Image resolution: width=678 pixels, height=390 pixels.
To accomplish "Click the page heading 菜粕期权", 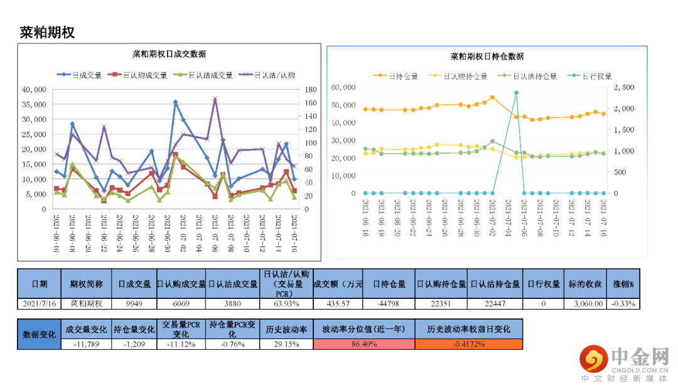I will tap(47, 33).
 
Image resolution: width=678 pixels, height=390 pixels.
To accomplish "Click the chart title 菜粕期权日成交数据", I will tap(169, 53).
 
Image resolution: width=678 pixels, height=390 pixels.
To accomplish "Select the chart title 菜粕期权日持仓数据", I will tap(487, 57).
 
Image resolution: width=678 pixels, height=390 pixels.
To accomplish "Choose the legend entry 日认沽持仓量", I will tap(527, 76).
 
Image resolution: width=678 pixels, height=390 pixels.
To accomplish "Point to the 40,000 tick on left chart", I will tap(34, 89).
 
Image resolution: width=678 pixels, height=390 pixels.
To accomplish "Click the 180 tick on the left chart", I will tap(308, 89).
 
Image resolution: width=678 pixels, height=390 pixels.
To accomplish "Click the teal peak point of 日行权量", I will tap(516, 92).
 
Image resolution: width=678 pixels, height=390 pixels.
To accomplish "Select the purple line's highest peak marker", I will tap(215, 99).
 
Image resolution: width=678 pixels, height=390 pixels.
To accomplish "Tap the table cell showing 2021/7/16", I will tap(38, 304).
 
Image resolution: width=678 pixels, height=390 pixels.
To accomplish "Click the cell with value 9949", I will tap(135, 304).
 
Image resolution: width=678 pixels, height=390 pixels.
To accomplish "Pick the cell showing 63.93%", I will tap(286, 304).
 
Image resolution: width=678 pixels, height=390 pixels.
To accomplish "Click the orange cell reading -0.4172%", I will tap(468, 344).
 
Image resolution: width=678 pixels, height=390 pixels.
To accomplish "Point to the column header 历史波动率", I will tap(286, 329).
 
